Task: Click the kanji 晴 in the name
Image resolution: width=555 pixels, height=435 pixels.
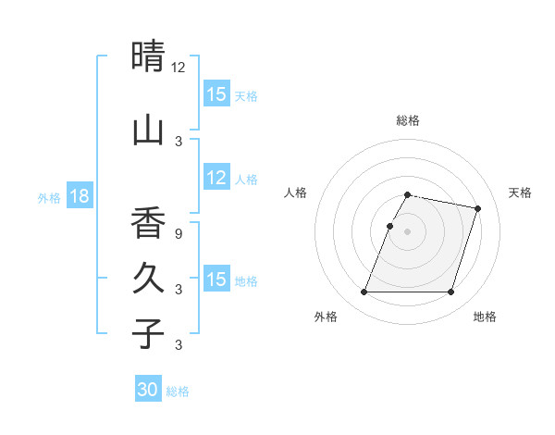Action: click(x=148, y=56)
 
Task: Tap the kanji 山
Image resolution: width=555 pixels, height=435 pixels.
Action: click(x=148, y=130)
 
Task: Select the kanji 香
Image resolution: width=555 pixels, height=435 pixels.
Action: click(x=148, y=223)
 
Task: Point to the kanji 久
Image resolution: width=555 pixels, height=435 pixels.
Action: click(x=148, y=278)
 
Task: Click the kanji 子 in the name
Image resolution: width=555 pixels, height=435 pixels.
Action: click(x=148, y=332)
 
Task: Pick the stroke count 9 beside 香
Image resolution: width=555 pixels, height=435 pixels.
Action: click(x=179, y=233)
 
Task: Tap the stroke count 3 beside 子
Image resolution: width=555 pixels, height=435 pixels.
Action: click(x=179, y=345)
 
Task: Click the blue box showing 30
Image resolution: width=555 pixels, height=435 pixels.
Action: click(x=148, y=390)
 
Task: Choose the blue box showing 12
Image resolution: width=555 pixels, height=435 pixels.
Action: click(x=216, y=178)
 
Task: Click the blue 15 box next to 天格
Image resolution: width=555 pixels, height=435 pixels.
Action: click(x=216, y=94)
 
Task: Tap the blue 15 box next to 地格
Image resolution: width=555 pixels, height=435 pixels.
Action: click(x=216, y=280)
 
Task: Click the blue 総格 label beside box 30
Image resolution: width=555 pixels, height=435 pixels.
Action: click(x=178, y=391)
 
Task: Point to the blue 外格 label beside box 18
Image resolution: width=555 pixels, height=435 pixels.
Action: click(x=49, y=197)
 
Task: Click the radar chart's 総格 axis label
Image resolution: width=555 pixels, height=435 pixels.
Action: click(x=408, y=120)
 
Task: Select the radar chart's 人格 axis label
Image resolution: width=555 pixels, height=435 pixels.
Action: click(x=295, y=193)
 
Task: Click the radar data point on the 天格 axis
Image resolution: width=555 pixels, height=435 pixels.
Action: click(x=477, y=208)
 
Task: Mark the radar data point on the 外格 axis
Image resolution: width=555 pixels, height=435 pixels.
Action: click(x=364, y=292)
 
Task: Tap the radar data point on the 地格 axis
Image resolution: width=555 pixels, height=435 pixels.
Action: click(x=450, y=292)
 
